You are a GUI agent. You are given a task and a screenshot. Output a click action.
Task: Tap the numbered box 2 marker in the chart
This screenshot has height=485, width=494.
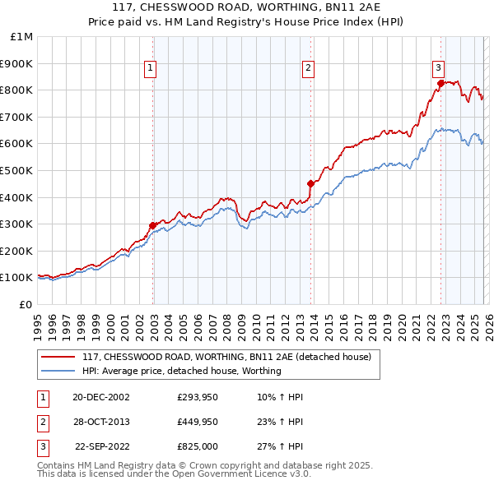[309, 69]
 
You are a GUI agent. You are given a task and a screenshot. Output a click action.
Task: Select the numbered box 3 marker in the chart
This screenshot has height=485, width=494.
[439, 69]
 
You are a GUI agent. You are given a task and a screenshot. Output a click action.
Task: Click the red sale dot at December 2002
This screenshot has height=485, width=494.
[153, 225]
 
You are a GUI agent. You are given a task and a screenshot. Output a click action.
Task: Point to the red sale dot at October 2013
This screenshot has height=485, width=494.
[310, 183]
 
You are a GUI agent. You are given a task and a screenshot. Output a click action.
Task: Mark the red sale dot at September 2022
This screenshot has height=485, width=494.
[440, 83]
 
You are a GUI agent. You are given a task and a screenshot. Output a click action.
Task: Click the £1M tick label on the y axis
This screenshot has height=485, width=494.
[22, 36]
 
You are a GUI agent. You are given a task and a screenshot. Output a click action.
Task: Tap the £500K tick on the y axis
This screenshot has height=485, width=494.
[18, 170]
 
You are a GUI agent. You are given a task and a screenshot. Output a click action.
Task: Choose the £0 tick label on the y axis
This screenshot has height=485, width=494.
[26, 304]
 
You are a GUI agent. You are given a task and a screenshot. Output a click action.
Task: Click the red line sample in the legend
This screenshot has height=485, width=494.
[58, 358]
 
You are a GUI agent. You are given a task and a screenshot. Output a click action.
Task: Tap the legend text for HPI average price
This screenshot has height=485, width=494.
[182, 371]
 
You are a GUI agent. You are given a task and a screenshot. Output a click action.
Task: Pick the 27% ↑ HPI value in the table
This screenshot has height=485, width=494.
[279, 448]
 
